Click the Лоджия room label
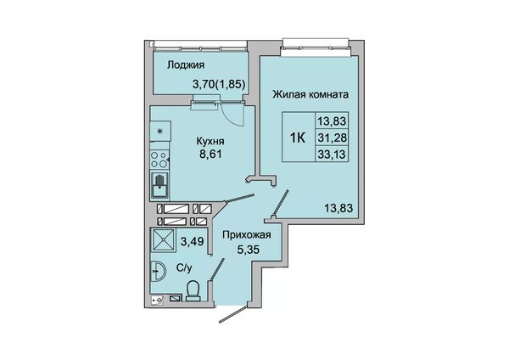pos(186,65)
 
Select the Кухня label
pos(210,141)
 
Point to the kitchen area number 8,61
pos(210,154)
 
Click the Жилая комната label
pos(310,94)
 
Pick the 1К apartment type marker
pos(298,138)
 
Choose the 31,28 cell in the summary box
pos(332,138)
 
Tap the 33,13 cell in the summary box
pos(332,154)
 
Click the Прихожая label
pos(247,234)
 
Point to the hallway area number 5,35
pos(249,250)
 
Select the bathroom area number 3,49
pos(193,241)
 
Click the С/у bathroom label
pos(184,268)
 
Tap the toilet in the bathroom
pos(194,291)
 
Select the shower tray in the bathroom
pos(162,239)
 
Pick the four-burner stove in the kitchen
pos(159,160)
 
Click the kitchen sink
pos(159,185)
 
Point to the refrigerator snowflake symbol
pos(159,132)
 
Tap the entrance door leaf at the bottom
pos(233,314)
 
